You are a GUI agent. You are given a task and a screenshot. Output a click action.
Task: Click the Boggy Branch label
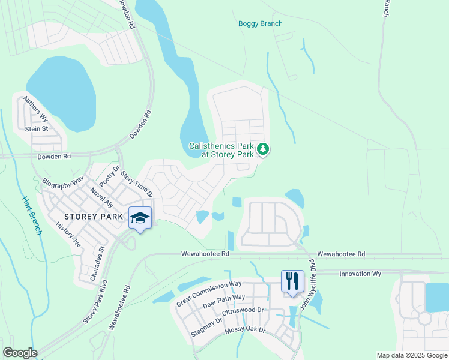pos(260,24)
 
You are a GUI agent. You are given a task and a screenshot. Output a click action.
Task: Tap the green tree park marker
pos(262,149)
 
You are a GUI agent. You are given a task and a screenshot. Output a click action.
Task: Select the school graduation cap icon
pos(140,218)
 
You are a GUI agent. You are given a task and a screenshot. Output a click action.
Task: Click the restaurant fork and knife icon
pos(292,281)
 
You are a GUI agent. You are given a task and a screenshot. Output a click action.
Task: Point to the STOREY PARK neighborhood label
pos(94,215)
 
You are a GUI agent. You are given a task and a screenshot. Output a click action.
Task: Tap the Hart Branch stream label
pos(32,215)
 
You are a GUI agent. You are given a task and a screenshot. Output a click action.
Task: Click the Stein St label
pos(36,128)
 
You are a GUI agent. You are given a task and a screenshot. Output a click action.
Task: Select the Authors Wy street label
pos(35,109)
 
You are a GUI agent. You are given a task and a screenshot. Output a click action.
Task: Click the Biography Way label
pos(64,182)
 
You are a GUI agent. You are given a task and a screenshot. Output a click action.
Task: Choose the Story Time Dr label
pos(137,185)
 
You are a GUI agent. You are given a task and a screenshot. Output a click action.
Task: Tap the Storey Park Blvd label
pos(96,302)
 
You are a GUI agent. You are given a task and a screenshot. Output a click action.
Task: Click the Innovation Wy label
pos(360,274)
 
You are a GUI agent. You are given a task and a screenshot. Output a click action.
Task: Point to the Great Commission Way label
pos(208,293)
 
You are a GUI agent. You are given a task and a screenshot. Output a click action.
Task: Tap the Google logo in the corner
pos(20,353)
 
